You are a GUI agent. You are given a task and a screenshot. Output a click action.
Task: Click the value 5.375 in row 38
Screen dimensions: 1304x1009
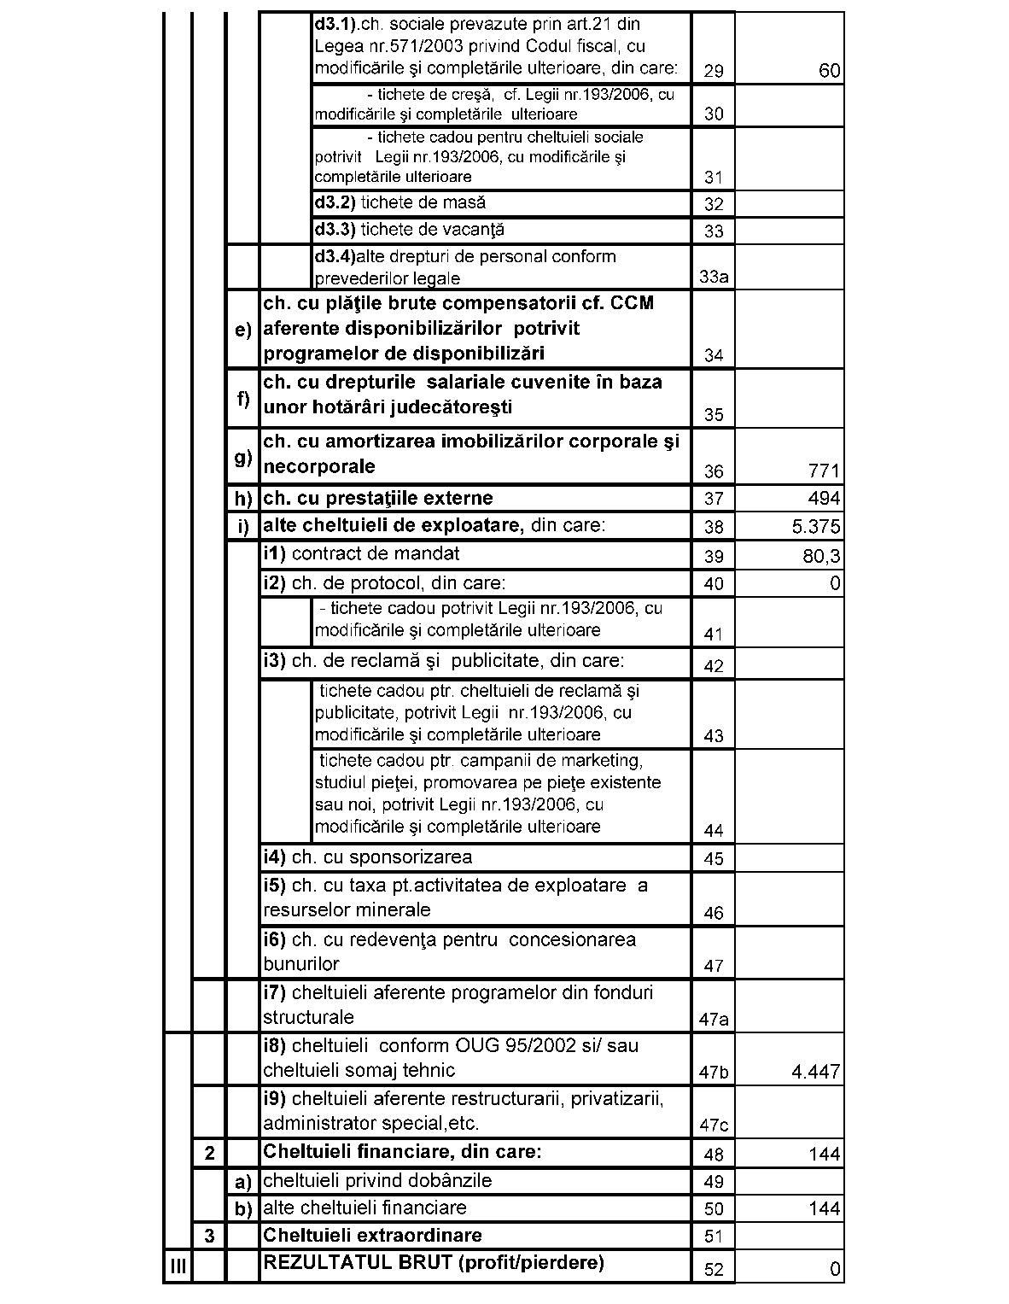tap(815, 527)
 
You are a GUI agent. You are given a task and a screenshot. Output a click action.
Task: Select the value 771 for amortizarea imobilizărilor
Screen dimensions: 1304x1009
tap(824, 471)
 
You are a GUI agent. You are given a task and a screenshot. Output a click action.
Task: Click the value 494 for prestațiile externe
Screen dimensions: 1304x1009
tap(824, 499)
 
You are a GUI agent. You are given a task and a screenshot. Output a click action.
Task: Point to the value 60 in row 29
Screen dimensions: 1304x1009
tap(829, 71)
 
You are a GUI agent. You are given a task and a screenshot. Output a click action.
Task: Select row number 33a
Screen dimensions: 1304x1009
tap(713, 277)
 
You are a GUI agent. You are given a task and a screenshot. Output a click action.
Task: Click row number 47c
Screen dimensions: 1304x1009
tap(713, 1125)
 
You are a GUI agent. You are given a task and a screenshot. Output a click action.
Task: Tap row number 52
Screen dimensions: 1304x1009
tap(714, 1270)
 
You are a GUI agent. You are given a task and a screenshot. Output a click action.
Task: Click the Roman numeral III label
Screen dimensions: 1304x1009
tap(178, 1266)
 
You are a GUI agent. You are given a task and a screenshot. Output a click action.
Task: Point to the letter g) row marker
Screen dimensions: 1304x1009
tap(243, 457)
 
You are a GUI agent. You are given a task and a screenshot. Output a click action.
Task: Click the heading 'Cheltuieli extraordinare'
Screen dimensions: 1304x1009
tap(372, 1235)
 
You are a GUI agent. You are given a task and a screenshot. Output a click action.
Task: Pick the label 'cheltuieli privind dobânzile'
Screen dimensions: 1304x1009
tap(377, 1180)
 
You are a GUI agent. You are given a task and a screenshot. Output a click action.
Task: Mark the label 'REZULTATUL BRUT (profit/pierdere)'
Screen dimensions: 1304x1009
tap(434, 1262)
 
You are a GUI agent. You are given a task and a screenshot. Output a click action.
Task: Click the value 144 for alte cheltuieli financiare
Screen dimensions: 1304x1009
tap(824, 1208)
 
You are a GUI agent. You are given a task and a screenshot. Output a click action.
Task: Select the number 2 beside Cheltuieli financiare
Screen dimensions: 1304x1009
tap(210, 1154)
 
